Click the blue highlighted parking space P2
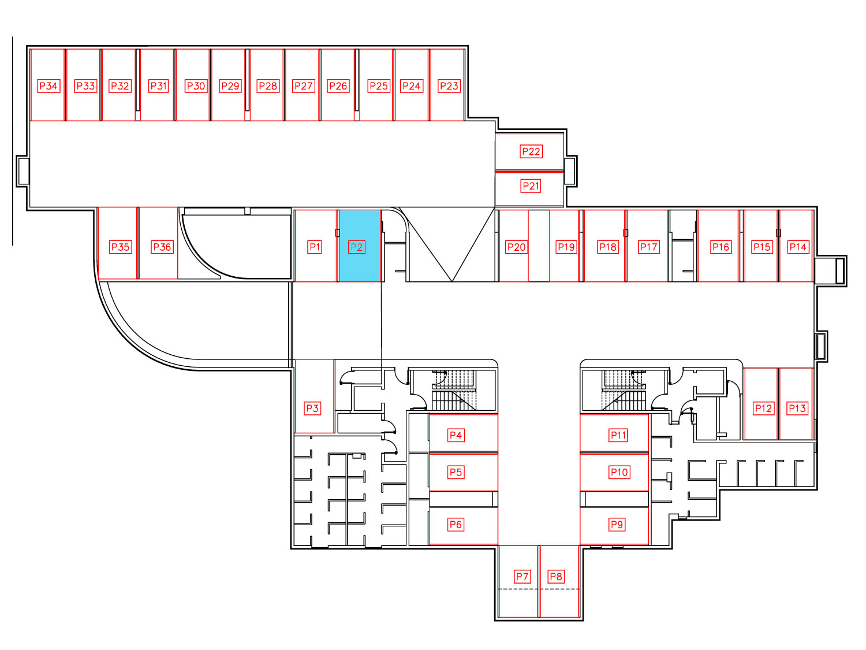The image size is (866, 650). tap(360, 246)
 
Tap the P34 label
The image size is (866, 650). tap(48, 86)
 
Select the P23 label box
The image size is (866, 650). tap(449, 86)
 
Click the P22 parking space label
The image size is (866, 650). tap(531, 151)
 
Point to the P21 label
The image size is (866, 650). tap(531, 186)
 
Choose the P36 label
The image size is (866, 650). tap(162, 247)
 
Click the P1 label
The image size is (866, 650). tap(315, 247)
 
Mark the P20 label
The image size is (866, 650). tap(517, 247)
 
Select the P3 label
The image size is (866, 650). tap(312, 408)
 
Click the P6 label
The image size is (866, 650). tap(456, 525)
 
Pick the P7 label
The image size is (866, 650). tap(522, 577)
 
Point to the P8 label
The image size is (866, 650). tap(556, 577)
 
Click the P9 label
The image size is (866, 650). tap(617, 525)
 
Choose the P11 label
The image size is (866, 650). tap(618, 435)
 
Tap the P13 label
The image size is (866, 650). tap(797, 408)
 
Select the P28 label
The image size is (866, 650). tap(268, 86)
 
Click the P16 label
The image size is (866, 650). tap(721, 247)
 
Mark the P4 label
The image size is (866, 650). tap(456, 435)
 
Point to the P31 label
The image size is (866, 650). tap(159, 86)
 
